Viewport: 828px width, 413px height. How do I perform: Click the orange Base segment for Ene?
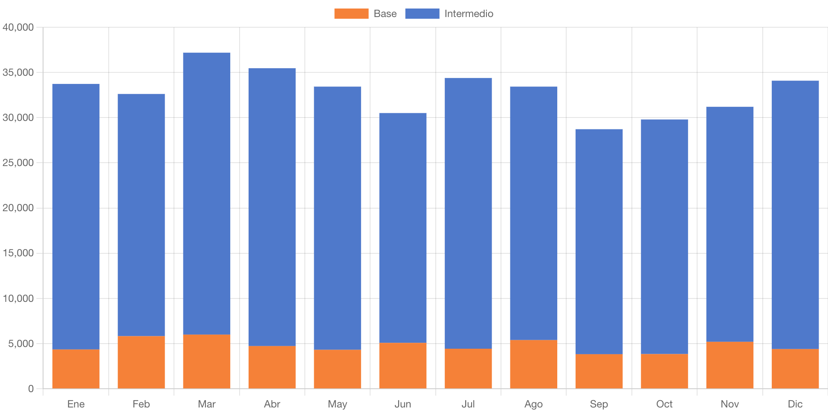76,369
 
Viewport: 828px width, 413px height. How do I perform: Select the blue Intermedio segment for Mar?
207,193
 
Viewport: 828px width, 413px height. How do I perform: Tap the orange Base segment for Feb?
141,362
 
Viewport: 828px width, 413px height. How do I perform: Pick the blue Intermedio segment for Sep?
599,241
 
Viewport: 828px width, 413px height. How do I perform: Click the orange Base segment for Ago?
533,364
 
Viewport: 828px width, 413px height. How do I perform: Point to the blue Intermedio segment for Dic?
795,215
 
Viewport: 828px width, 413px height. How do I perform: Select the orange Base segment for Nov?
730,365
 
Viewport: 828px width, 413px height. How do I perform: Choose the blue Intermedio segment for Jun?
403,228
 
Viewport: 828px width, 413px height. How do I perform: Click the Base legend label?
385,14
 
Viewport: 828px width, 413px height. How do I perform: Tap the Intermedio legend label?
469,14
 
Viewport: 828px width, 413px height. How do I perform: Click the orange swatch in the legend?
351,14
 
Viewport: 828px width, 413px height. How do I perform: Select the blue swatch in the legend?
422,14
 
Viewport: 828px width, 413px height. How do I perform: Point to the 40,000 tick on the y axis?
18,27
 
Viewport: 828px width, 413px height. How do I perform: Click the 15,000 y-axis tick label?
18,253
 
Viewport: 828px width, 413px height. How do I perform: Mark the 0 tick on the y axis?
31,388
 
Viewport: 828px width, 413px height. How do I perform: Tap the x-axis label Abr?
272,404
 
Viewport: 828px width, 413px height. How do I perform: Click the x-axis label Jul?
468,404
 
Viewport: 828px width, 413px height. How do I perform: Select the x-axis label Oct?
664,404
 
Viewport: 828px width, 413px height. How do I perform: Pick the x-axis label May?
337,404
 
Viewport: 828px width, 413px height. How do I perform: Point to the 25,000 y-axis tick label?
18,163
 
